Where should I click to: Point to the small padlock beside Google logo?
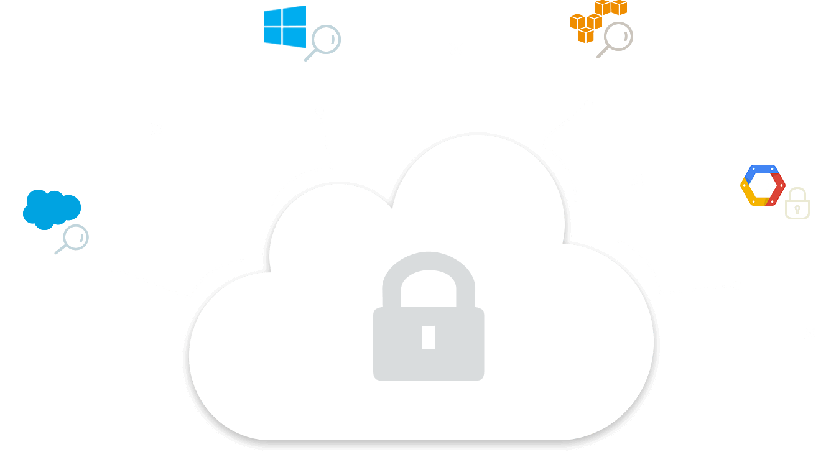[x=797, y=203]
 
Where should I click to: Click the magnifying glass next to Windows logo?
[x=323, y=42]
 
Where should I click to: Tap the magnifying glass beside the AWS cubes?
[x=616, y=39]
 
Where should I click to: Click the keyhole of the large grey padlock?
[x=429, y=336]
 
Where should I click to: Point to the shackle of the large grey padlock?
[x=429, y=274]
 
